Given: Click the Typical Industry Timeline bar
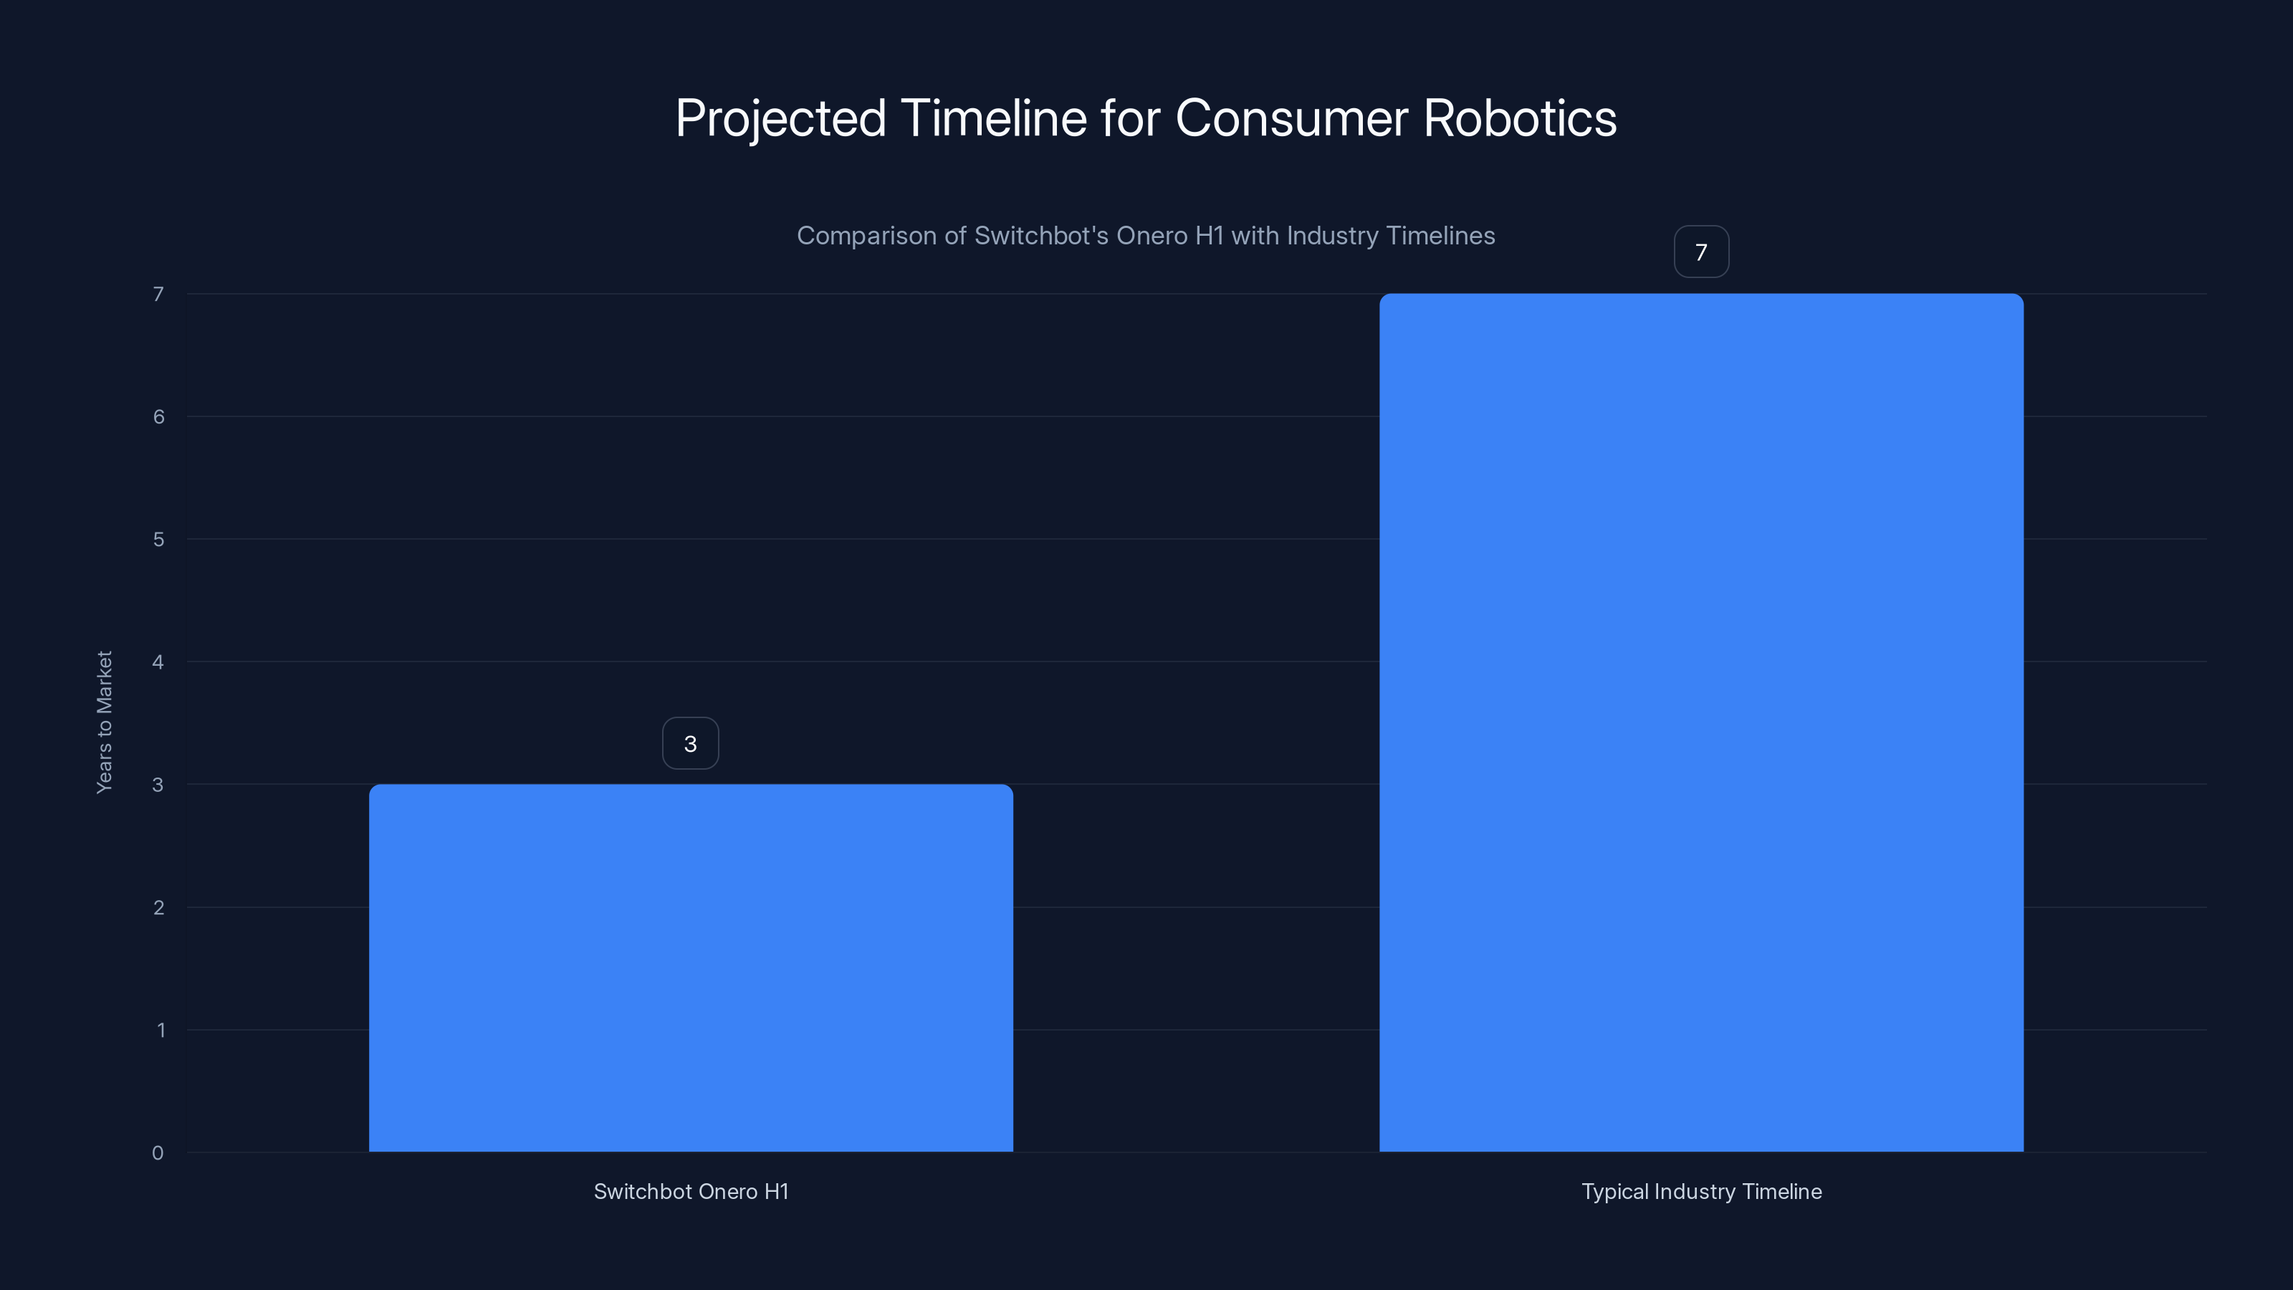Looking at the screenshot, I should (1701, 722).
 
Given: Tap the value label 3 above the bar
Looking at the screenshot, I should (690, 743).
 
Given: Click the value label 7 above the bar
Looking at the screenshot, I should (1701, 252).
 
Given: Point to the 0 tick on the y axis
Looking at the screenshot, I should (158, 1153).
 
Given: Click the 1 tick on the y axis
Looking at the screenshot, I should (161, 1030).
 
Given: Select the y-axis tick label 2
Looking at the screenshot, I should (158, 907).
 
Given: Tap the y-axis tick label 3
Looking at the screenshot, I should (158, 784).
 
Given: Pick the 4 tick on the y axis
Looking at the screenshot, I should (158, 661).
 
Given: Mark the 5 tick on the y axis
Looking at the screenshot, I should (158, 540).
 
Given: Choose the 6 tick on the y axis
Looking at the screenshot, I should (158, 416).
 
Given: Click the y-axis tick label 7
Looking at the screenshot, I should (158, 294).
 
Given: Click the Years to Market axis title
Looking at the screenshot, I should (104, 722).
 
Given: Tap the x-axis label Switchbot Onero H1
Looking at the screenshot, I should (691, 1191).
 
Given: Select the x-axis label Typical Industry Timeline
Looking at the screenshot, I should (1701, 1191).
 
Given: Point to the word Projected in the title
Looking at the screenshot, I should (780, 118).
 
